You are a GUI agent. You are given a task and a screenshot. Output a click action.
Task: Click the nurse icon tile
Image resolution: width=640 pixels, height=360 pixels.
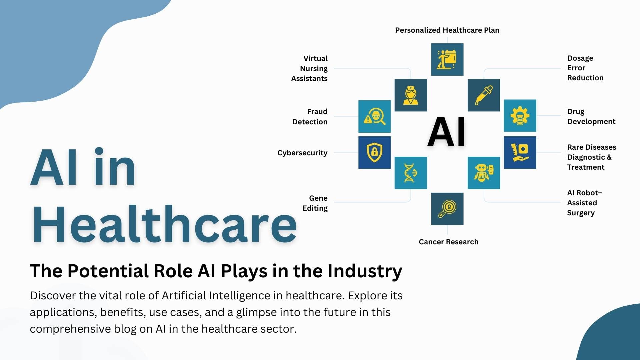pos(410,95)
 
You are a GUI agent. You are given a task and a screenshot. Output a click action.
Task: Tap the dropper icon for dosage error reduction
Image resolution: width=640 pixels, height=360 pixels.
pos(484,95)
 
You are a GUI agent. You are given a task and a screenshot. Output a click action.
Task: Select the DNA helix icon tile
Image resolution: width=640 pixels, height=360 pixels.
pos(410,173)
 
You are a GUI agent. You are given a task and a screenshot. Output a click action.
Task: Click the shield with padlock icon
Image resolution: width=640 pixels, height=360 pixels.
pos(374,152)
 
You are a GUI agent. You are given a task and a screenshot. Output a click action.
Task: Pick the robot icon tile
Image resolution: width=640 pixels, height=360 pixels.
pos(484,173)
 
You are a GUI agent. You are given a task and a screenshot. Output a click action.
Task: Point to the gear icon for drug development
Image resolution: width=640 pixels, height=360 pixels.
pos(520,116)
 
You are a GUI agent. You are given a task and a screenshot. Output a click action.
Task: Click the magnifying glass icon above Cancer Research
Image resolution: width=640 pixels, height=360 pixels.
pos(447,209)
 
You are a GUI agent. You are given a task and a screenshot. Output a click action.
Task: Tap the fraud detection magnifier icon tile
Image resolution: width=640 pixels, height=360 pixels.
pos(374,116)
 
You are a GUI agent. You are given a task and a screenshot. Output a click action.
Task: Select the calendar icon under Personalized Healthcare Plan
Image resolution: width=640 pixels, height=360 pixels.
pos(447,59)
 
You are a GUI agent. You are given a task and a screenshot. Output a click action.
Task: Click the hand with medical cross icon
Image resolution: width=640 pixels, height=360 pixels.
pos(520,152)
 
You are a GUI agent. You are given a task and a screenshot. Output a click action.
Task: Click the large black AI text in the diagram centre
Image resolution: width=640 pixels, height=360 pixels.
pos(446,132)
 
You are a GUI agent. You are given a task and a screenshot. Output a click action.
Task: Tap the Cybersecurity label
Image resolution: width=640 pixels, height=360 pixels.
pos(302,153)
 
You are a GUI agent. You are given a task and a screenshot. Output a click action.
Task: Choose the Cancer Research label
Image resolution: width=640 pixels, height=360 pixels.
pos(448,242)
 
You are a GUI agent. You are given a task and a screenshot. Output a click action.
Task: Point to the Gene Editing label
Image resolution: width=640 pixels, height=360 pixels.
pos(315,203)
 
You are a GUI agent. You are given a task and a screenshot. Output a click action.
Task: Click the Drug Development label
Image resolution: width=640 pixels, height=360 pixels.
pos(591,116)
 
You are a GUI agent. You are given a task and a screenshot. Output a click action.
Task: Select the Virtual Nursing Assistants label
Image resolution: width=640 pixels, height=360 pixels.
pos(310,68)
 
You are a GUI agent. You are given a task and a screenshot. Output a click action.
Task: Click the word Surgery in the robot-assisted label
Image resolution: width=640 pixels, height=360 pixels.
pos(581,213)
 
